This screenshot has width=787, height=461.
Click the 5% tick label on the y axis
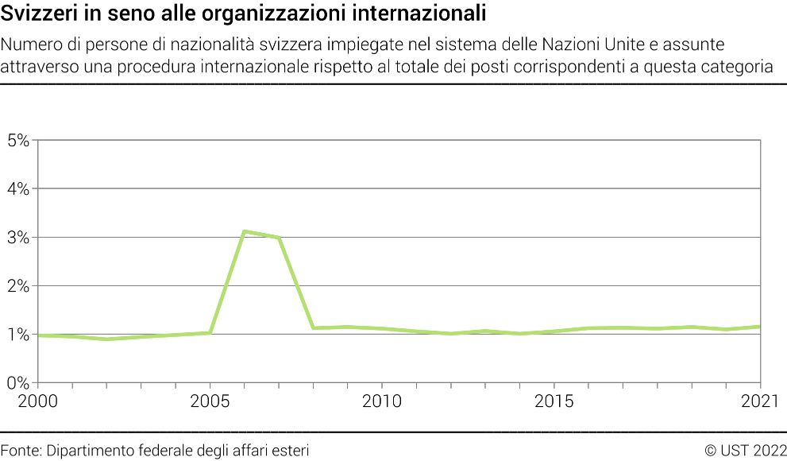tap(17, 141)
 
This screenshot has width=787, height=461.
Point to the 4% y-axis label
tap(17, 189)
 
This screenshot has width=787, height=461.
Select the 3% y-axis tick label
tap(17, 238)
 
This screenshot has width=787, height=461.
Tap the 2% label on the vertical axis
tap(17, 286)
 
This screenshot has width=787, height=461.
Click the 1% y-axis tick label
tap(17, 335)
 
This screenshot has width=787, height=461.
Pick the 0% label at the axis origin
tap(17, 383)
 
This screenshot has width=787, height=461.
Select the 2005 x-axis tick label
tap(210, 400)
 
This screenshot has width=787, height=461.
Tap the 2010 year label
tap(382, 400)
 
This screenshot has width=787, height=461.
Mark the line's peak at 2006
tap(244, 231)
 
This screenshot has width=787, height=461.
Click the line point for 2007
tap(278, 238)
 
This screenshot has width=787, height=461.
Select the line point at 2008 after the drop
tap(313, 327)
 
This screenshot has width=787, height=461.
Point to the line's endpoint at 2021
tap(761, 327)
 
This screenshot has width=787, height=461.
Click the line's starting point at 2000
tap(38, 335)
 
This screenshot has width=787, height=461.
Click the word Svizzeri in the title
tap(40, 14)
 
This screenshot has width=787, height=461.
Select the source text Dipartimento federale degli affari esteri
tap(178, 451)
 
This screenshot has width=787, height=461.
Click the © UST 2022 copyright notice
tap(745, 451)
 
